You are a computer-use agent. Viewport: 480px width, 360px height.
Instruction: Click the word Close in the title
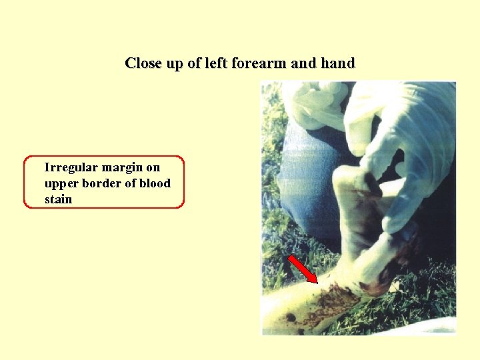click(x=143, y=63)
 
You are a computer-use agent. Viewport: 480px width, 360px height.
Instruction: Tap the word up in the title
click(x=173, y=64)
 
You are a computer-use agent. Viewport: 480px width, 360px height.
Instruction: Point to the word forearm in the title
click(x=257, y=63)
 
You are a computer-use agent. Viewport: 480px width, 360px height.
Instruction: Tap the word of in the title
click(x=191, y=63)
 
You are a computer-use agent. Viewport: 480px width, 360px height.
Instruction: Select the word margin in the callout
click(x=123, y=167)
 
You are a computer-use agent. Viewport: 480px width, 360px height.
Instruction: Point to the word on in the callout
click(x=153, y=167)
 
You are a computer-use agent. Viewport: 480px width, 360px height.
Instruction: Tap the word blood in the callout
click(x=155, y=183)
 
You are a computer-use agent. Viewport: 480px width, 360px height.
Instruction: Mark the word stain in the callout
click(x=58, y=199)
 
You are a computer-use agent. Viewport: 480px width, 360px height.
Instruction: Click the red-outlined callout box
click(x=104, y=183)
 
